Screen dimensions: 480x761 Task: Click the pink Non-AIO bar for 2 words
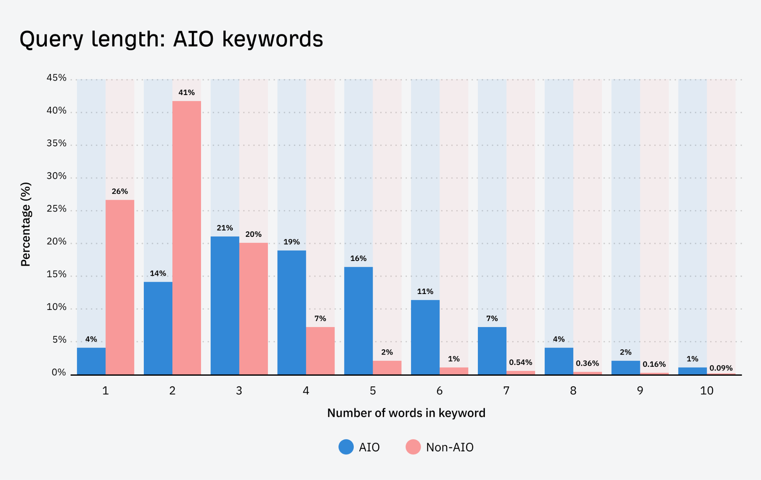coord(187,238)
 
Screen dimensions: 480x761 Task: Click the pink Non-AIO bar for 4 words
coord(320,350)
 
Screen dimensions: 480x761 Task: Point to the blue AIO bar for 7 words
coord(492,350)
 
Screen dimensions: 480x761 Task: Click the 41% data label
coord(187,92)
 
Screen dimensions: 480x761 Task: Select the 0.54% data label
coord(521,362)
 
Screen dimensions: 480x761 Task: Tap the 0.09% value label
coord(721,368)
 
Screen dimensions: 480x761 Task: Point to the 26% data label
coord(120,191)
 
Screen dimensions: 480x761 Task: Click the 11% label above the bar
coord(425,291)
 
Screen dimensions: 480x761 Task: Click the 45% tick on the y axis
coord(56,78)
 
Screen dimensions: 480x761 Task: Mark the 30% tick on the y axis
coord(56,176)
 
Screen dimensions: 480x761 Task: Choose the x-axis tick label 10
coord(706,391)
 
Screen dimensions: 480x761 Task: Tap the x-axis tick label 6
coord(439,391)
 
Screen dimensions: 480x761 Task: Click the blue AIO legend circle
coord(346,447)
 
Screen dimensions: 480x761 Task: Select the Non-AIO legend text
coord(450,447)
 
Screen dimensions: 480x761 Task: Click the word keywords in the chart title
coord(272,39)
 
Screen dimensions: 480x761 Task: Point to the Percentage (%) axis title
coord(26,224)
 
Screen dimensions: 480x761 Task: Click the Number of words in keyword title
coord(406,413)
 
